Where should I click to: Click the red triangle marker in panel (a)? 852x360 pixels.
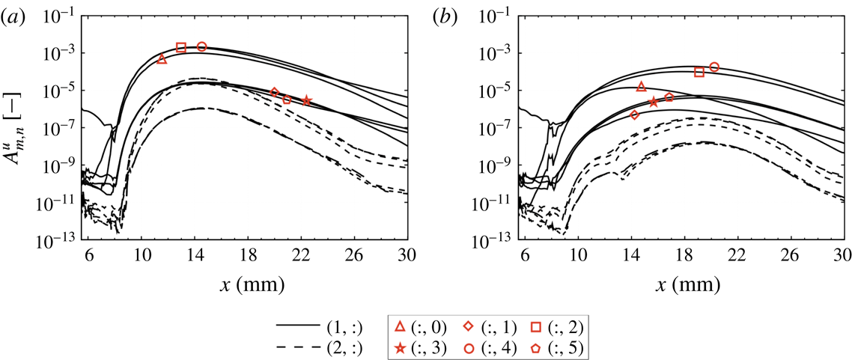pos(162,59)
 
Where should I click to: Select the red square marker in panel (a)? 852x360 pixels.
pos(181,47)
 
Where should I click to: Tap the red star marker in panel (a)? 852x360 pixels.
pos(307,100)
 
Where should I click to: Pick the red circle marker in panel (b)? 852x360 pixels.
pos(714,67)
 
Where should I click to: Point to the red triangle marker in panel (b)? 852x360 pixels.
pos(641,88)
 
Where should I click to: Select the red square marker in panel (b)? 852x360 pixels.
pos(699,72)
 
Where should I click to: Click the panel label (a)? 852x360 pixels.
pos(14,19)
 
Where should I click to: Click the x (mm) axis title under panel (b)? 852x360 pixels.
pos(685,286)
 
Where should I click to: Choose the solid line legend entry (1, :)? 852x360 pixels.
pos(324,326)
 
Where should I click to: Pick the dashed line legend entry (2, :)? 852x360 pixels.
pos(324,347)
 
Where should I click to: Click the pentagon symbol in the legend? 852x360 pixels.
pos(534,347)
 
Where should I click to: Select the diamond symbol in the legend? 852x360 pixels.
pos(467,326)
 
